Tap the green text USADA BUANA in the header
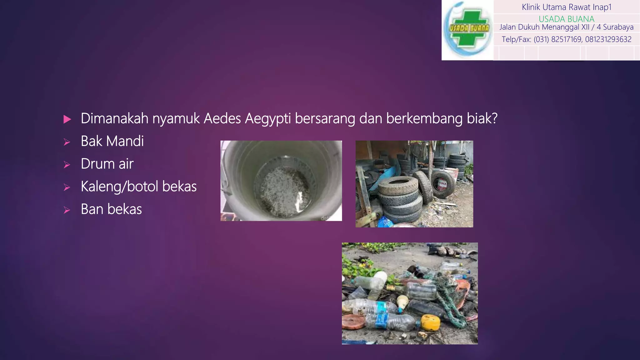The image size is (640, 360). point(566,19)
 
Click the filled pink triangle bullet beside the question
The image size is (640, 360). point(67,119)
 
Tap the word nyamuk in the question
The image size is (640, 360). point(176,119)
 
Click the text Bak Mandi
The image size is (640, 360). point(112,141)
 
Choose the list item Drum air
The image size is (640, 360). point(107,164)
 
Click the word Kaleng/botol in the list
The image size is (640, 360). point(119,187)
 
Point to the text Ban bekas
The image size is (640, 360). point(111,209)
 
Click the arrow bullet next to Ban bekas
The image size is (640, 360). point(67,210)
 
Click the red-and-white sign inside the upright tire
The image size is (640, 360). point(442,184)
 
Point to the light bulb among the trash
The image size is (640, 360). point(402,302)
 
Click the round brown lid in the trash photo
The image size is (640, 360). point(353,322)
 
